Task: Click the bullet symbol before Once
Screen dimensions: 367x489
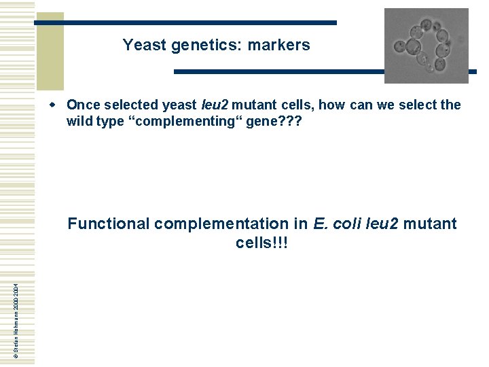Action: coord(60,105)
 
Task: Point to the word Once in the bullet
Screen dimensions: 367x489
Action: coord(83,105)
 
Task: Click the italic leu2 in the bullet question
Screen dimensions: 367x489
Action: coord(214,105)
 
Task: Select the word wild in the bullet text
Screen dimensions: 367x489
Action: coord(79,122)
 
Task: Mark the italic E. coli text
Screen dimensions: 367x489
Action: coord(338,224)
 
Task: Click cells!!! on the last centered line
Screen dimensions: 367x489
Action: coord(262,243)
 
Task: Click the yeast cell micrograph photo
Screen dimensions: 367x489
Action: coord(426,46)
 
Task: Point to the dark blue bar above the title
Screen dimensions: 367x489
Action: coord(186,22)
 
